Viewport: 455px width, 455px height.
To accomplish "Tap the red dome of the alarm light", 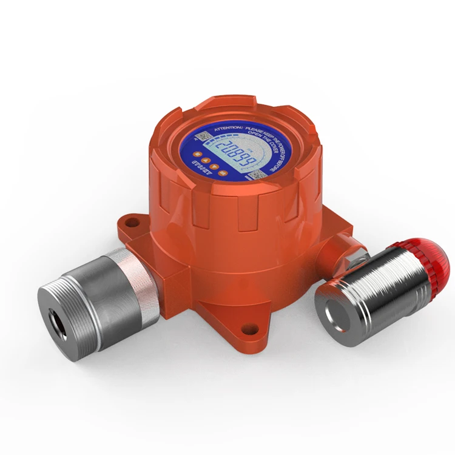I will pos(433,258).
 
